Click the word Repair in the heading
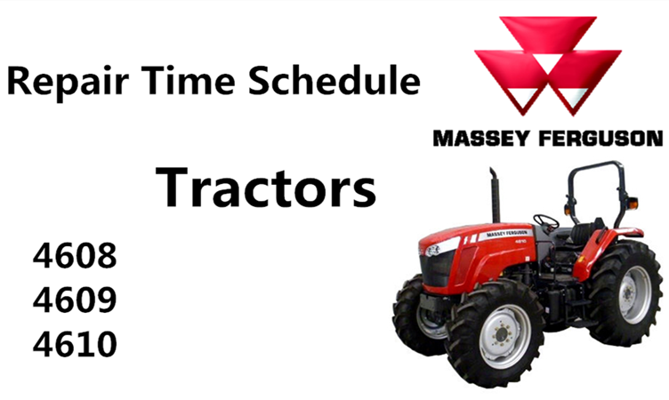point(68,82)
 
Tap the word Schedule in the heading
point(334,80)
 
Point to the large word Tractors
point(266,188)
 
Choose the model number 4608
point(75,255)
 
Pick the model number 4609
point(75,300)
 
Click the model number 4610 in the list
point(75,344)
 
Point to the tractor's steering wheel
point(545,221)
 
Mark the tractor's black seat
point(584,232)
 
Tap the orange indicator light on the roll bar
point(633,204)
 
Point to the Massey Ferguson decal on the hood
point(505,234)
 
